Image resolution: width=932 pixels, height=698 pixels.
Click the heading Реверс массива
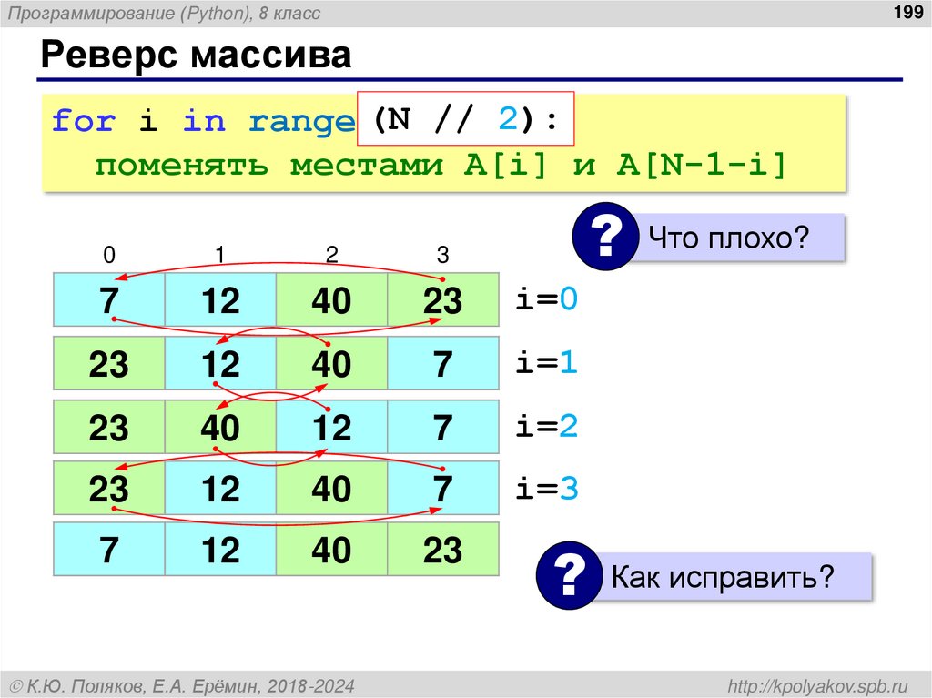[195, 56]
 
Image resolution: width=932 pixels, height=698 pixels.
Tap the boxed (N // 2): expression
[465, 119]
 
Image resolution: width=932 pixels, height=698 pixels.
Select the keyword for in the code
[83, 120]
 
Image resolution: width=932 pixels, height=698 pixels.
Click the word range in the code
[300, 120]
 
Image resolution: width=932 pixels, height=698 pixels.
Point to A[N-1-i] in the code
[701, 166]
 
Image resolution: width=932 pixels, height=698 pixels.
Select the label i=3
[547, 490]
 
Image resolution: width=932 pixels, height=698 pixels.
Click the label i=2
[547, 426]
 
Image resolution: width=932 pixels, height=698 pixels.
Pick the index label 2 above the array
[331, 255]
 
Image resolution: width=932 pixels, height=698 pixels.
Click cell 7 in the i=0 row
[109, 300]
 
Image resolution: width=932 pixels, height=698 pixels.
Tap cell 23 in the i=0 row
[442, 300]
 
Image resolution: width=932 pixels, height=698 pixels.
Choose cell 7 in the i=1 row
[442, 364]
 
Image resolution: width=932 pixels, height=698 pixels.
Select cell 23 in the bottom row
[442, 551]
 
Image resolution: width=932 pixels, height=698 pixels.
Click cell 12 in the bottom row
[220, 551]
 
